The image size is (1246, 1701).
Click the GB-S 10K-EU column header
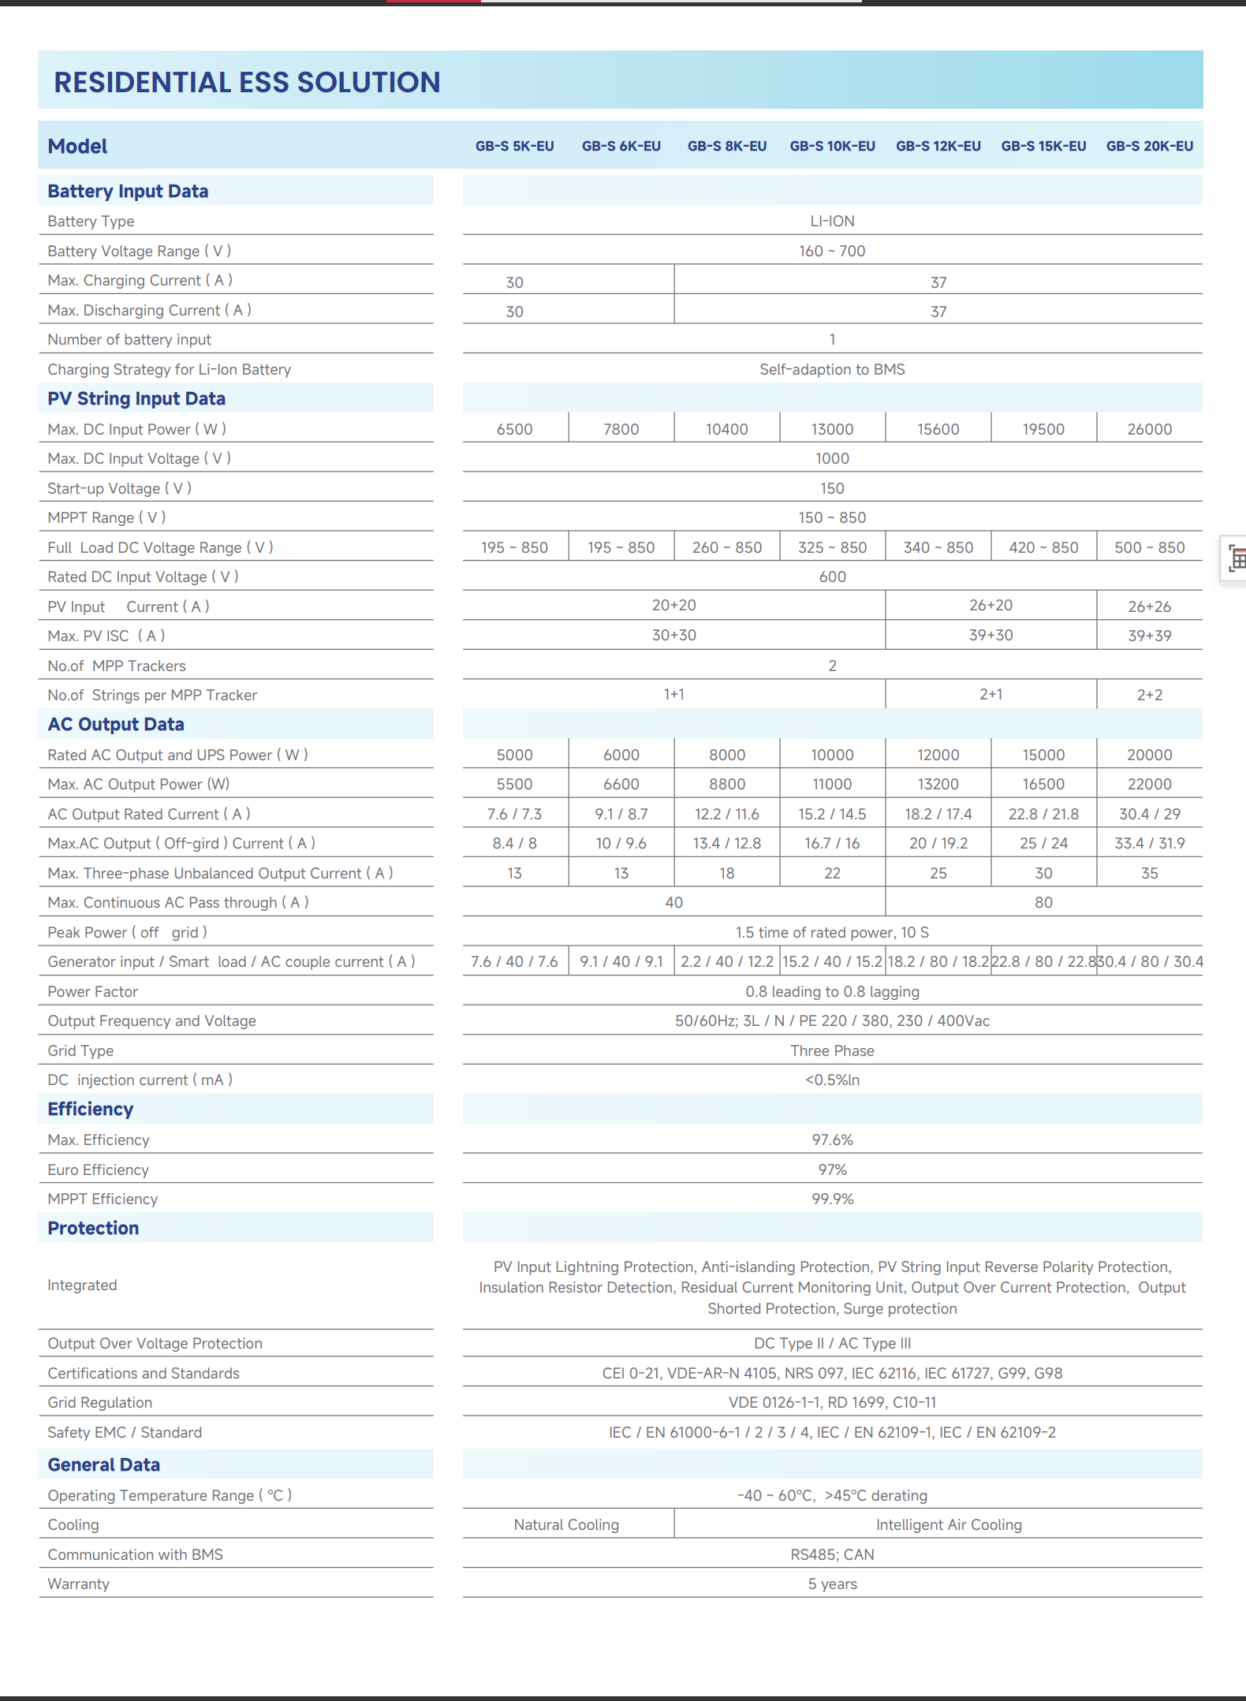832,146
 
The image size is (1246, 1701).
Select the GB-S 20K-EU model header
1149,146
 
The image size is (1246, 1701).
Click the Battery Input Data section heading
128,191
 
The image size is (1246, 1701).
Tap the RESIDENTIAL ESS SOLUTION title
247,82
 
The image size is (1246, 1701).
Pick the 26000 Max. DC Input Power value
1149,429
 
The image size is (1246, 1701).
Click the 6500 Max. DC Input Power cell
514,429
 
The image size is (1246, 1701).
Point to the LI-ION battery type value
832,221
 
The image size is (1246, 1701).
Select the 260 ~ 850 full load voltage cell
726,547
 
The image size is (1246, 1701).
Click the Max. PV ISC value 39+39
1149,636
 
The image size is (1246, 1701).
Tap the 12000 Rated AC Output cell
938,755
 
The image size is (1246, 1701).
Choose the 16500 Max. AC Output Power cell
1043,784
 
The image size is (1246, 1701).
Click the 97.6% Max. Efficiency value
832,1140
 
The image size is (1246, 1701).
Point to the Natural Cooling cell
566,1524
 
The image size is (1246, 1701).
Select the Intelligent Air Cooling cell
949,1524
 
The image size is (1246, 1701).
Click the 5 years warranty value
832,1583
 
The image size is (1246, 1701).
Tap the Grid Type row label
80,1050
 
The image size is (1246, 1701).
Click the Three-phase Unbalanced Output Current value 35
1149,873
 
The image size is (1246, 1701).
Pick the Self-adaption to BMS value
832,369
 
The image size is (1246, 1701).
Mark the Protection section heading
93,1228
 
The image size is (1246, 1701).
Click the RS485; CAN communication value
832,1554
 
